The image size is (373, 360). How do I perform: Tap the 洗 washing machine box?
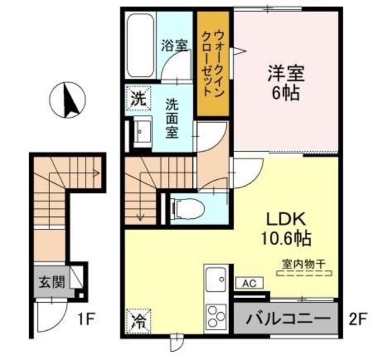coord(139,99)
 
